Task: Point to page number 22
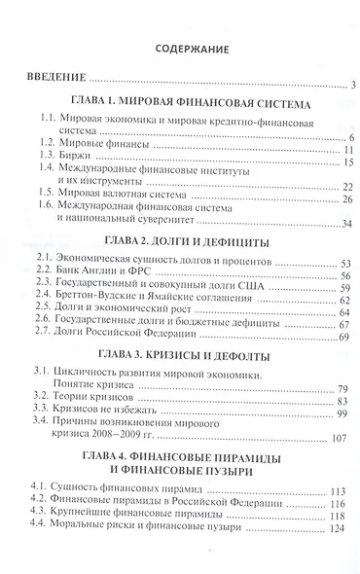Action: [x=344, y=187]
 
